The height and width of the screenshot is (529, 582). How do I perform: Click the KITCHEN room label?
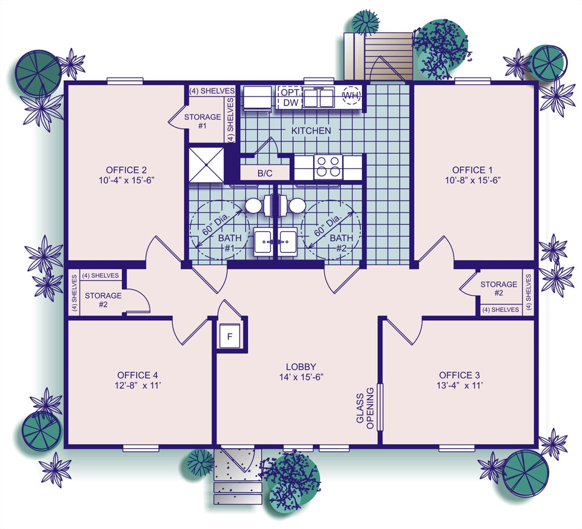[x=311, y=130]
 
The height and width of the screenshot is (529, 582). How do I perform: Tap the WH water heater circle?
[x=352, y=96]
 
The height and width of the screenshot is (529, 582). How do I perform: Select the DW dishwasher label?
[x=290, y=103]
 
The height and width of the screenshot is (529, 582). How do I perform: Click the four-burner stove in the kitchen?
[x=327, y=166]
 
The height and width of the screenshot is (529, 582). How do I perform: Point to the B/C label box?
[x=265, y=174]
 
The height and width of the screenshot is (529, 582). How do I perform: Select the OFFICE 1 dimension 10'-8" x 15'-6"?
[x=477, y=180]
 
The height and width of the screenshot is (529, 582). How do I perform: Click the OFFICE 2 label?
[x=126, y=170]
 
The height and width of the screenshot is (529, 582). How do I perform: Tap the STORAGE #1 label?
[x=202, y=121]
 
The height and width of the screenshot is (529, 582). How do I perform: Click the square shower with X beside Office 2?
[x=206, y=164]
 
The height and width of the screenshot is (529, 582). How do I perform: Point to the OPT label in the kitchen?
[x=290, y=92]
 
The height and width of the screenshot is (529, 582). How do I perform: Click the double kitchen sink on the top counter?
[x=319, y=97]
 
